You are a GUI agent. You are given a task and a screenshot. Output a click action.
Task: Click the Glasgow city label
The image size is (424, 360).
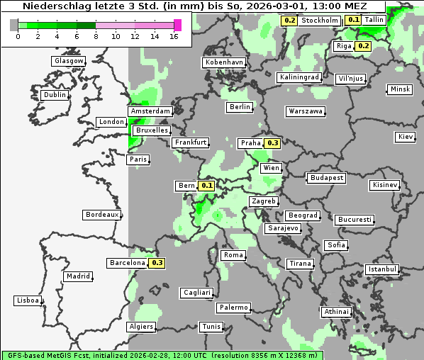(69, 61)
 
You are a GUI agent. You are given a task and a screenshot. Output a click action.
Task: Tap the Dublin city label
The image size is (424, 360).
(55, 95)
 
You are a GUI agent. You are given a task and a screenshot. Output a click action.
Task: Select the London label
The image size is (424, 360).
(111, 122)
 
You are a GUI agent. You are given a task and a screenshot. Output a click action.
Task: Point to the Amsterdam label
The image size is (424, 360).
(150, 111)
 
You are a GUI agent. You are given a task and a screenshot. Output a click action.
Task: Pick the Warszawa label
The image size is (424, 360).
(306, 111)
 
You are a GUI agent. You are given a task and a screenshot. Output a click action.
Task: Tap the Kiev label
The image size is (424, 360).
(406, 137)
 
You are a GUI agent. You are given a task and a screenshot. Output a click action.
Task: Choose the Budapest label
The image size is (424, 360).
(326, 177)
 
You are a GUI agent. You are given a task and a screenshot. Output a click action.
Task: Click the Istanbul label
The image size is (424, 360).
(382, 269)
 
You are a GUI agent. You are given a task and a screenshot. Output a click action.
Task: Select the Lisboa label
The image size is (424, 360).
(27, 300)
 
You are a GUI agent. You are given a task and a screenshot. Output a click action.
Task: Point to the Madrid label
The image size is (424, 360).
(77, 276)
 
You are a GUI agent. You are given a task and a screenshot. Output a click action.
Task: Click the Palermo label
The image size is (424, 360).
(233, 308)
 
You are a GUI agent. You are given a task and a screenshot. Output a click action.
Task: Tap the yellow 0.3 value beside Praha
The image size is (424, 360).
(273, 143)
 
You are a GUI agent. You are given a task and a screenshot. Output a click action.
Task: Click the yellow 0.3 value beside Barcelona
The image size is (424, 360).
(157, 263)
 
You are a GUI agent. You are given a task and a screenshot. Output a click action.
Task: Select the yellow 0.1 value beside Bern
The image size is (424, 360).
(207, 186)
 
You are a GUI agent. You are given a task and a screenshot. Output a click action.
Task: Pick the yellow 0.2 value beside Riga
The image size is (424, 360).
(364, 46)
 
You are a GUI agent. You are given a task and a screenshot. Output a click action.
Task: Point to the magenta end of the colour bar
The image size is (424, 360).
(178, 25)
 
